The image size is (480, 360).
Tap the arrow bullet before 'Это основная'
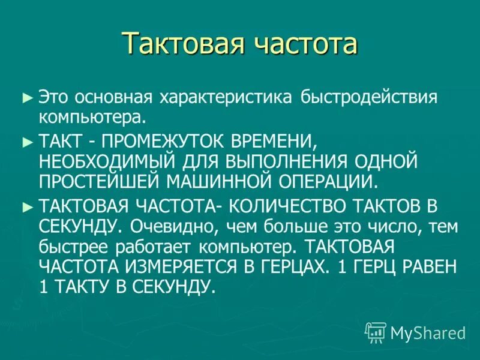[25, 96]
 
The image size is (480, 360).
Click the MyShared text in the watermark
[428, 332]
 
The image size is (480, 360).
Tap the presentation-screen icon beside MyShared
[376, 332]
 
